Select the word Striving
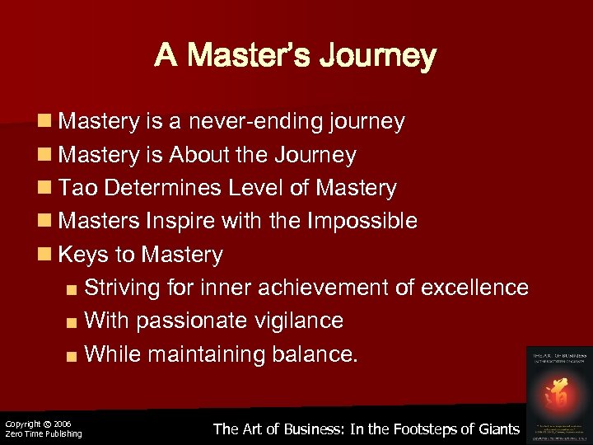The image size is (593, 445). [x=125, y=288]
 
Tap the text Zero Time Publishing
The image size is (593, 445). [x=44, y=433]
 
